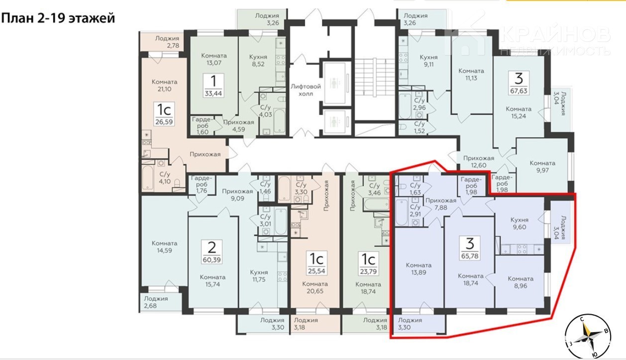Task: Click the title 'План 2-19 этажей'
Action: tap(58, 18)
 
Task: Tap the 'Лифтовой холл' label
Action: tap(306, 90)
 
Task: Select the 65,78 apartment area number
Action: tap(470, 256)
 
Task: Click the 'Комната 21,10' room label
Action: tap(164, 85)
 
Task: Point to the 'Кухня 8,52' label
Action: tap(258, 60)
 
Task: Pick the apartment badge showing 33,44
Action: tap(213, 85)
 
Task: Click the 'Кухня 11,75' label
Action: tap(259, 275)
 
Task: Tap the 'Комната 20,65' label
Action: tap(315, 288)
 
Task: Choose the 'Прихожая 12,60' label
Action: tap(478, 162)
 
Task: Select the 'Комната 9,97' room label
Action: tap(542, 166)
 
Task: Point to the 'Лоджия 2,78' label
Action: tap(167, 42)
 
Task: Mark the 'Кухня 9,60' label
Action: tap(519, 223)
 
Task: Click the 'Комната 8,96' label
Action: tap(521, 282)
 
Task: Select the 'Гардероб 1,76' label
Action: tap(202, 184)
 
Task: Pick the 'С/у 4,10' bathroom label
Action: tap(165, 178)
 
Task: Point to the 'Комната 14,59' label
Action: tap(164, 246)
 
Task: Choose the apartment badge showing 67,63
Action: tap(519, 82)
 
